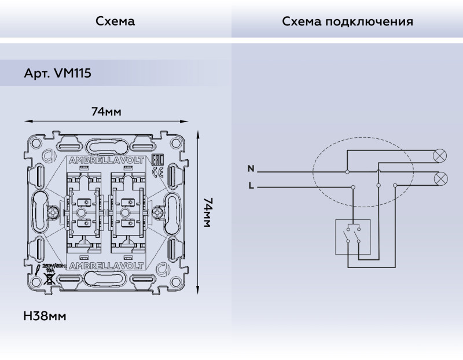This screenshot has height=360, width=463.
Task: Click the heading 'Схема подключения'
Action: point(347,21)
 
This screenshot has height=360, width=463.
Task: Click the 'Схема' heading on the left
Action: point(115,21)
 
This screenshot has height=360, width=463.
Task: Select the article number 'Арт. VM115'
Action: point(57,74)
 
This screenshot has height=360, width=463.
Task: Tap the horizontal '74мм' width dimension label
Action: point(106,112)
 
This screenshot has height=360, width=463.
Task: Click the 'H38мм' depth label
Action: point(45,317)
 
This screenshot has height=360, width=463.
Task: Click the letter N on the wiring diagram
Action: point(251,169)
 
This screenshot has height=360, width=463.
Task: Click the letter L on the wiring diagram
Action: point(251,186)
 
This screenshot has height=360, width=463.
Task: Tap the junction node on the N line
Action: point(347,172)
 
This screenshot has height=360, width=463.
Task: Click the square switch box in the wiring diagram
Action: point(353,237)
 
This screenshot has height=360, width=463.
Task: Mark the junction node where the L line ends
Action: point(354,186)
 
